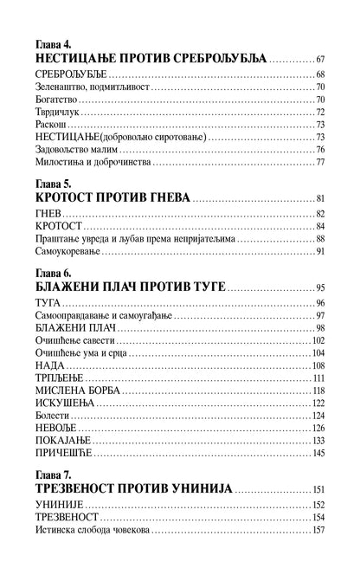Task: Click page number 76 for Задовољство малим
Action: point(319,150)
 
